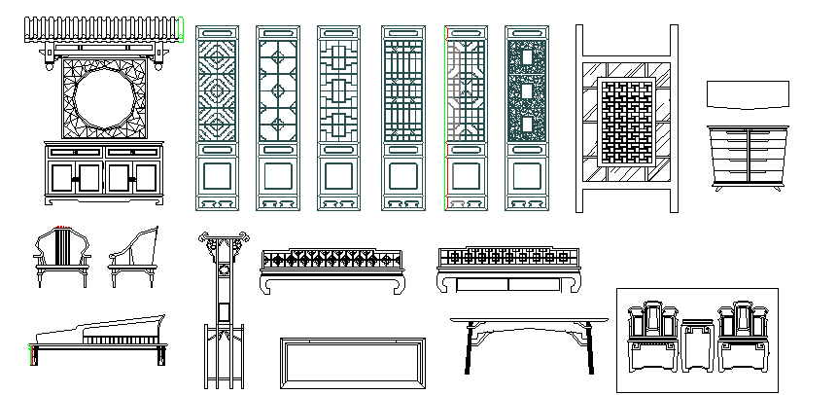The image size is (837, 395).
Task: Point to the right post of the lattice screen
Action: [671, 117]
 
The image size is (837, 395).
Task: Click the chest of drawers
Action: [746, 156]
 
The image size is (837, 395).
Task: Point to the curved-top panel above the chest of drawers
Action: [746, 95]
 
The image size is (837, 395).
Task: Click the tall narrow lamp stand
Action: [223, 311]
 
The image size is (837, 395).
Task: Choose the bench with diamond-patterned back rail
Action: [333, 269]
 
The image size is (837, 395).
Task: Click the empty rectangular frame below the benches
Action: [353, 364]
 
